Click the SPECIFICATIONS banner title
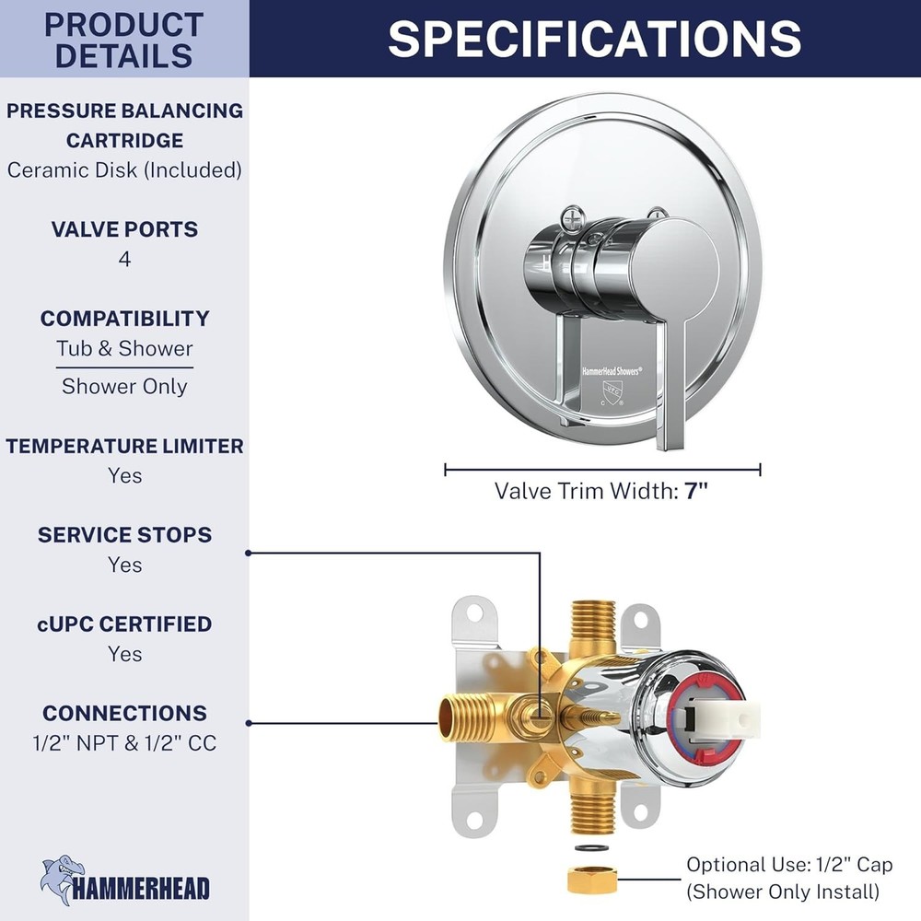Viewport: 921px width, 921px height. point(594,39)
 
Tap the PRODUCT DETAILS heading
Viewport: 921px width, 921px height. point(124,40)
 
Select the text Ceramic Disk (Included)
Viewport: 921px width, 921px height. point(124,169)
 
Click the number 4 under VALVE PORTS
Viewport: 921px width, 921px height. point(124,259)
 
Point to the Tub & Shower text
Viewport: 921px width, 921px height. point(124,348)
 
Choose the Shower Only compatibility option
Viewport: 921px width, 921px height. point(124,386)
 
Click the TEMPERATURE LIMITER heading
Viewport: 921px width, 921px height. point(124,446)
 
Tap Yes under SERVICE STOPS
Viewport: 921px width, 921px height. point(124,565)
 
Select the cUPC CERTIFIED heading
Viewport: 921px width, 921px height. point(124,624)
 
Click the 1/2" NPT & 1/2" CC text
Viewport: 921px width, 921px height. point(124,743)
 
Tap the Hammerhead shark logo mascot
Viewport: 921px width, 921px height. point(62,880)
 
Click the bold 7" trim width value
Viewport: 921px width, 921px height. point(696,491)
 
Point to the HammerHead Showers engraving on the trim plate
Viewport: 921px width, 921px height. point(612,370)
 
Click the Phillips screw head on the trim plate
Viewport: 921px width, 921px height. point(572,218)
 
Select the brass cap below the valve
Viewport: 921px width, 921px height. point(592,880)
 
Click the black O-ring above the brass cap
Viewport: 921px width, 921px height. point(592,848)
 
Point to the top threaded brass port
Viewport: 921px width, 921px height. point(592,626)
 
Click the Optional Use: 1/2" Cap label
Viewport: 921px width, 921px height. point(789,865)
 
